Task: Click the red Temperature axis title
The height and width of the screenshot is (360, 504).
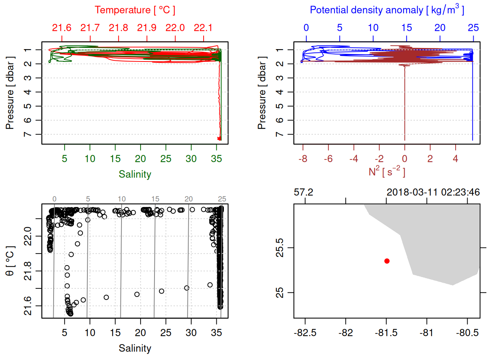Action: coord(135,10)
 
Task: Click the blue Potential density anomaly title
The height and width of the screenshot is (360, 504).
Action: coord(387,10)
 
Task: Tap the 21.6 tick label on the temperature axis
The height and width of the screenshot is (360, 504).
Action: coord(61,28)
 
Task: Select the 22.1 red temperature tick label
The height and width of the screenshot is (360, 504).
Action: coord(203,28)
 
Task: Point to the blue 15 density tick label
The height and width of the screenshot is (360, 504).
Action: coord(406,28)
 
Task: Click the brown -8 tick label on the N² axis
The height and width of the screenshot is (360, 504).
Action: coord(303,159)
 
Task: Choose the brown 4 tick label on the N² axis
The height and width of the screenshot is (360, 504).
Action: coord(455,159)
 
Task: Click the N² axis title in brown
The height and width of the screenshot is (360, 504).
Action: coord(387,172)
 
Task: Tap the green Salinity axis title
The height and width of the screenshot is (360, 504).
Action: coord(135,174)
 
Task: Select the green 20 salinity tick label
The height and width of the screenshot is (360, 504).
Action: coord(140,159)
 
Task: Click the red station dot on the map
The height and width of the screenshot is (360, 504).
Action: coord(387,261)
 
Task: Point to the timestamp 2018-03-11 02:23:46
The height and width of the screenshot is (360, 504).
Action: coord(433,192)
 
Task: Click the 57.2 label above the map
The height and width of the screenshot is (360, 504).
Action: coord(303,192)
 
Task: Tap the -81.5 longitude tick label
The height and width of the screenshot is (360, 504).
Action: coord(386,333)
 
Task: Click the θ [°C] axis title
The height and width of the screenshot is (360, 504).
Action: coord(10,261)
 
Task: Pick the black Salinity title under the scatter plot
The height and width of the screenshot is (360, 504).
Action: coord(135,348)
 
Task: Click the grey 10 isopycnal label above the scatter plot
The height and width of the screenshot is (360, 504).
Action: coord(121,199)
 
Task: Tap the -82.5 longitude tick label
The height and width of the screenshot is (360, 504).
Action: coord(305,333)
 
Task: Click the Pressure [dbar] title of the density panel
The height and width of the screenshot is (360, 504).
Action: coord(262,93)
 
